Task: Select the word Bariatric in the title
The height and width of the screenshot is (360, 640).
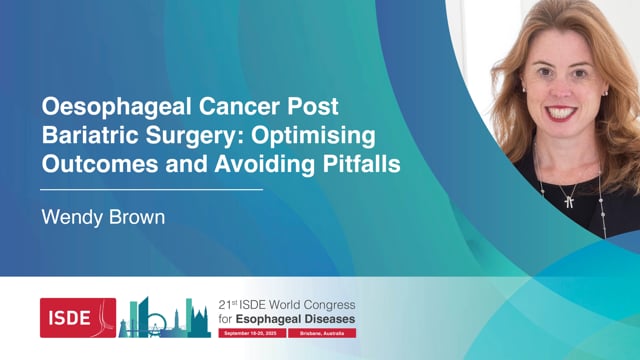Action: coord(85,136)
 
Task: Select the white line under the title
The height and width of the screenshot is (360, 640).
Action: coord(151,188)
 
